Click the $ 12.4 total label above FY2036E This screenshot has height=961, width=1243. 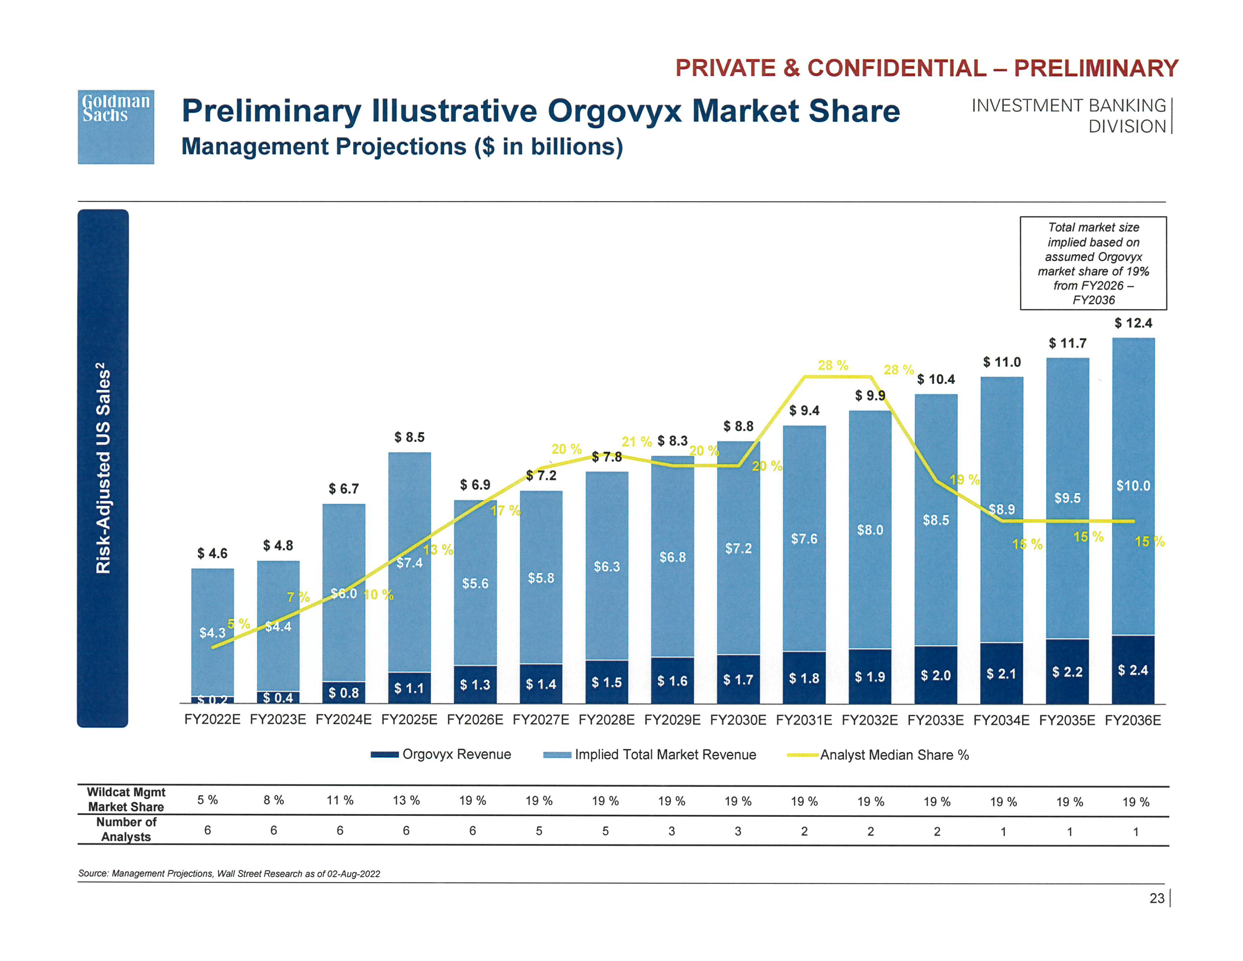(1133, 323)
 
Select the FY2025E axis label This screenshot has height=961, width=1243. (409, 719)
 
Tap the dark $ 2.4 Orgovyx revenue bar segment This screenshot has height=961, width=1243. (1133, 670)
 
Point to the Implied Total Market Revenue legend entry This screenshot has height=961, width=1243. (650, 755)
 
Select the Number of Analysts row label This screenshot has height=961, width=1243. (126, 829)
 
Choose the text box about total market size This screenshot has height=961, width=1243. (1093, 263)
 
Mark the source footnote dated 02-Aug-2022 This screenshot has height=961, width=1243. (229, 873)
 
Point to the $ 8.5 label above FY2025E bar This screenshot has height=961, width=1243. (409, 437)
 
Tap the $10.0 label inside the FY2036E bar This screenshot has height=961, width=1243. (1133, 486)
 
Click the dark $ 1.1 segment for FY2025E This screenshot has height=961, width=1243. (409, 688)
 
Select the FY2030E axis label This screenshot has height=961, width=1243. (738, 719)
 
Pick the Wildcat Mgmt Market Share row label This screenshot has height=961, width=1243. (126, 799)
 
